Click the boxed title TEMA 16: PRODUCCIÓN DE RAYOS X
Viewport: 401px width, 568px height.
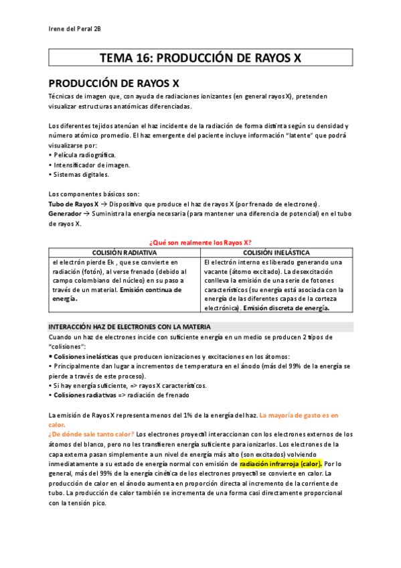pyautogui.click(x=200, y=58)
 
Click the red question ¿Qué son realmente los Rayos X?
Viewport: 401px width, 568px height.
pyautogui.click(x=200, y=242)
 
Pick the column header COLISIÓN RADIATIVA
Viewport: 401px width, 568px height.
pyautogui.click(x=125, y=253)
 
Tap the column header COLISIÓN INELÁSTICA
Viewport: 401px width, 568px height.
pyautogui.click(x=275, y=253)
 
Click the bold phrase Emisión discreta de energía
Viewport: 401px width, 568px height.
pyautogui.click(x=287, y=309)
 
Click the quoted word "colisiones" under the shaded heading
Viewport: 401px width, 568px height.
pyautogui.click(x=68, y=347)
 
